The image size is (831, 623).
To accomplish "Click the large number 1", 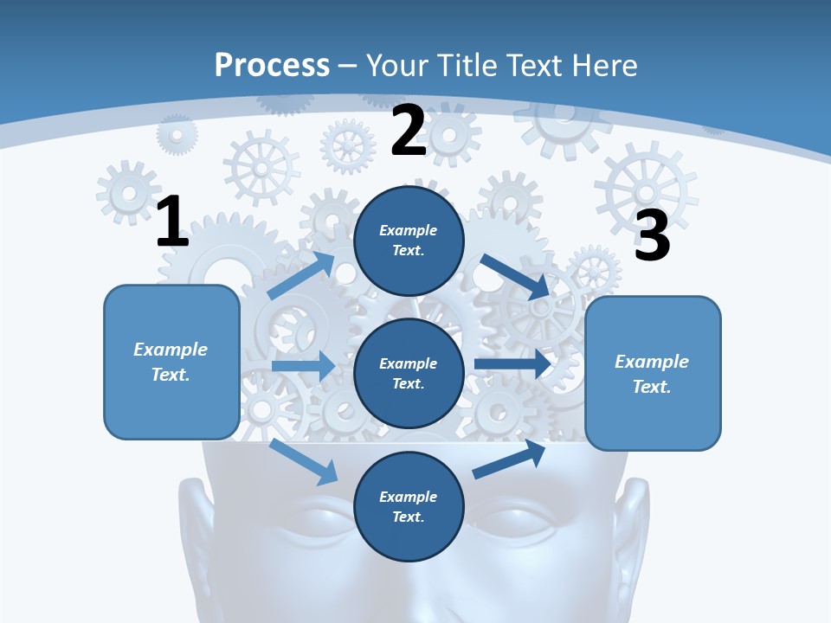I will click(x=172, y=222).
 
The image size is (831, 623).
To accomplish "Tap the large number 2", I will click(x=408, y=131).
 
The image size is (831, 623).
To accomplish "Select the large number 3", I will click(x=652, y=236).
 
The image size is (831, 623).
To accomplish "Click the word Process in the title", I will click(x=272, y=65).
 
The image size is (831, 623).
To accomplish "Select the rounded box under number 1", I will click(x=171, y=362).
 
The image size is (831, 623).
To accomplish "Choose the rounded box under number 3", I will click(x=653, y=373).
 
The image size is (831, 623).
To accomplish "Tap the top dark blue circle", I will click(x=409, y=241).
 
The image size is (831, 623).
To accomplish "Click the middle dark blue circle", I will click(x=409, y=373).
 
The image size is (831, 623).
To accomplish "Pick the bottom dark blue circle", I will click(x=409, y=506).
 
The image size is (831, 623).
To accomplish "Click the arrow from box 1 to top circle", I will click(x=301, y=275).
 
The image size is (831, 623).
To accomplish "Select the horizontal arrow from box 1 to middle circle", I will click(x=302, y=366).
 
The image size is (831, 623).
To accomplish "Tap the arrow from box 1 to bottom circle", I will click(x=304, y=461).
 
